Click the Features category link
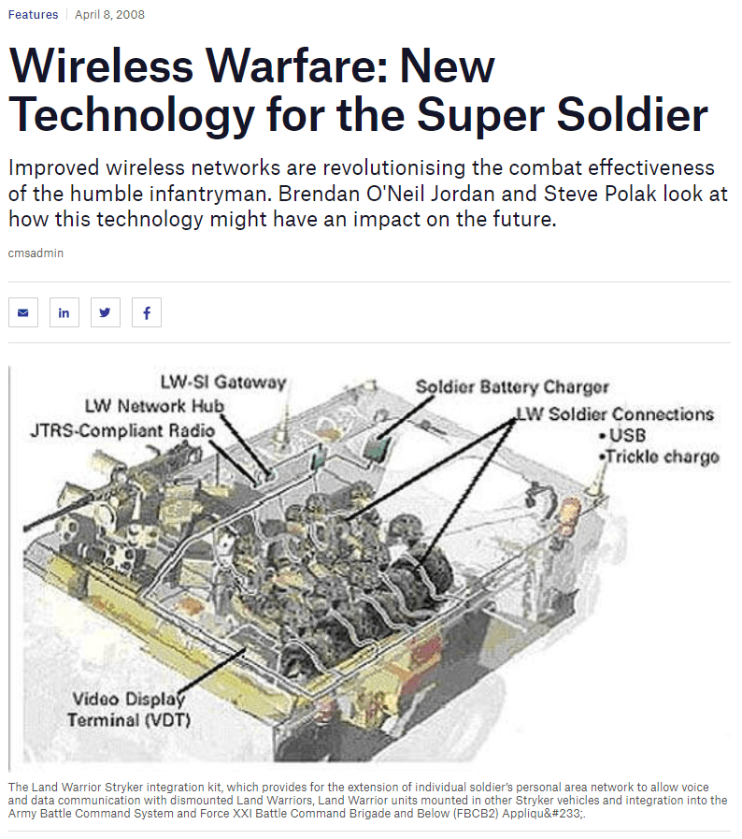coord(33,14)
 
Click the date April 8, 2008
coord(109,14)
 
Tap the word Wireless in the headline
coord(102,66)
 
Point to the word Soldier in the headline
coord(633,115)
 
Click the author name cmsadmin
coord(36,253)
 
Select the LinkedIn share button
coord(64,312)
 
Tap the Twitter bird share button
coord(106,312)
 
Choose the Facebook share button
coord(147,312)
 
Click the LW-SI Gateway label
coord(223,382)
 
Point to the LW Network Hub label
coord(154,406)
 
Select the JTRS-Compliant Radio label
coord(122,431)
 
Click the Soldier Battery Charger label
coord(512,387)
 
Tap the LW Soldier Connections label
coord(615,414)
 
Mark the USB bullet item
coord(622,435)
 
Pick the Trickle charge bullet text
coord(659,457)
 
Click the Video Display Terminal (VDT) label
coord(129,710)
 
